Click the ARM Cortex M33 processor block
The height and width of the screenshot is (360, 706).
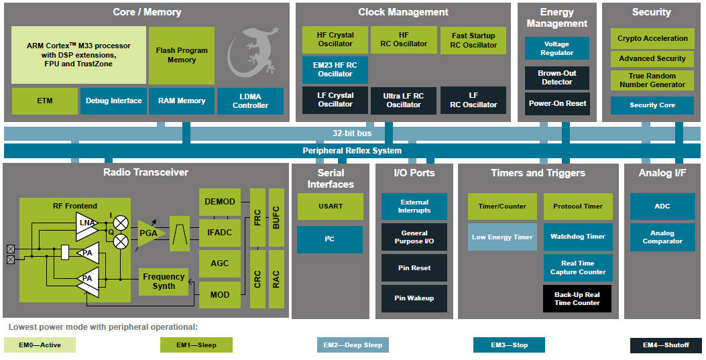(x=79, y=55)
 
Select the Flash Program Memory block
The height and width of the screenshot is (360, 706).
(x=182, y=55)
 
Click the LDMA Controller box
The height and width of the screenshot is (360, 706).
(x=250, y=101)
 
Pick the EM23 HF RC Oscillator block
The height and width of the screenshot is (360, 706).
(x=335, y=70)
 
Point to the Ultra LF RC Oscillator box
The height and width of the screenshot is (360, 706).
(x=404, y=101)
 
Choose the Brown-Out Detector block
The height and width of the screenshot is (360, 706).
(x=557, y=77)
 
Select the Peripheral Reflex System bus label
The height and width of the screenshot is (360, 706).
(x=352, y=151)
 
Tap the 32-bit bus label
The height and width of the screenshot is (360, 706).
(x=352, y=133)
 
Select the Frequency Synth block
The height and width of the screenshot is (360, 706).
(x=164, y=282)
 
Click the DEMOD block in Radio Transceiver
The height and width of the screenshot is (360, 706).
(x=220, y=202)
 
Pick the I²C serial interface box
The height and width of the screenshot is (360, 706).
(x=330, y=239)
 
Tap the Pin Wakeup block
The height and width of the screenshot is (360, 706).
(x=414, y=298)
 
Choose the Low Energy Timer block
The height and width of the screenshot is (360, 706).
(x=502, y=237)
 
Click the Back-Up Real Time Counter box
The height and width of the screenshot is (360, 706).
(x=577, y=299)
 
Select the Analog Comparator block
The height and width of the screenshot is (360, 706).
(x=662, y=237)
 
